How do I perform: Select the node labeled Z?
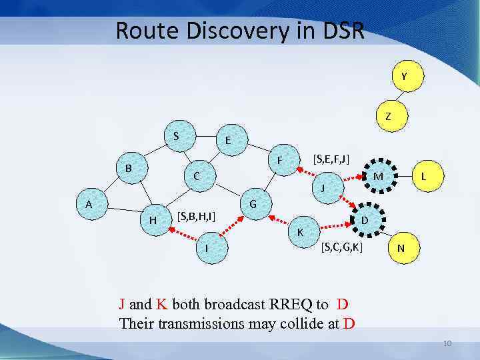point(388,116)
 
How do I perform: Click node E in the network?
point(228,141)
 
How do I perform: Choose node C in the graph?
point(197,176)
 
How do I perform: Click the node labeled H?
point(153,220)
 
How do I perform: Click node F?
point(282,161)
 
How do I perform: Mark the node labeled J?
point(323,188)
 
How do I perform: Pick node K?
point(301,232)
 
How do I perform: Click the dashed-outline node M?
point(378,176)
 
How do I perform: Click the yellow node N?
point(400,247)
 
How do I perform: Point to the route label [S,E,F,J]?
point(331,158)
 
